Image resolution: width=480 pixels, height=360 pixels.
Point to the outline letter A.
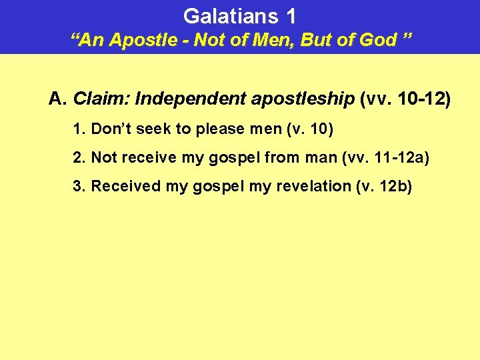click(55, 100)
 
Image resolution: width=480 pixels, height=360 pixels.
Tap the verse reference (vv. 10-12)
click(405, 100)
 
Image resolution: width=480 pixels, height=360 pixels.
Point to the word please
click(225, 129)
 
